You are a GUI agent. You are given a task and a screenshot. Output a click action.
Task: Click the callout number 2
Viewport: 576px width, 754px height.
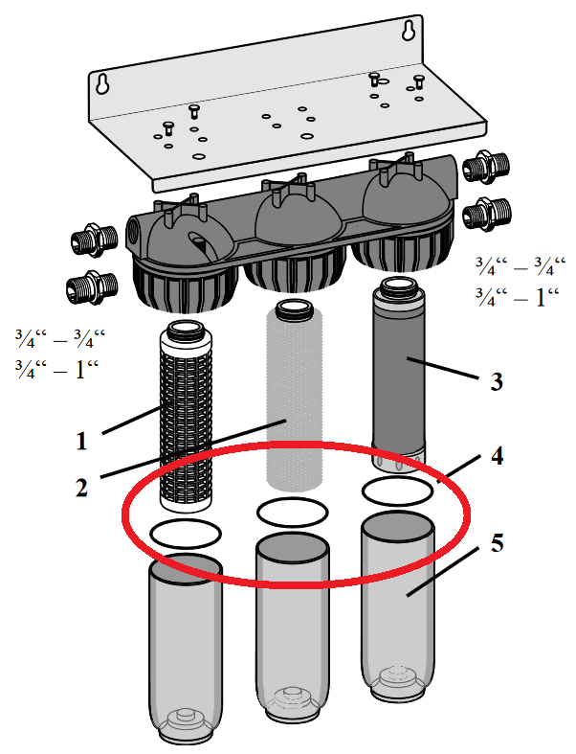click(x=82, y=487)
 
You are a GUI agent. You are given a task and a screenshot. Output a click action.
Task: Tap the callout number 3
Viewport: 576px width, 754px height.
click(x=496, y=381)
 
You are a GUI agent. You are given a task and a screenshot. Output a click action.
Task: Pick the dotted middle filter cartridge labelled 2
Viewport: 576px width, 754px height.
click(x=295, y=393)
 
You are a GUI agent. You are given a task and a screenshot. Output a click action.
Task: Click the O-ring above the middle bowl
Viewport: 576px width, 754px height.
click(x=289, y=511)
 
